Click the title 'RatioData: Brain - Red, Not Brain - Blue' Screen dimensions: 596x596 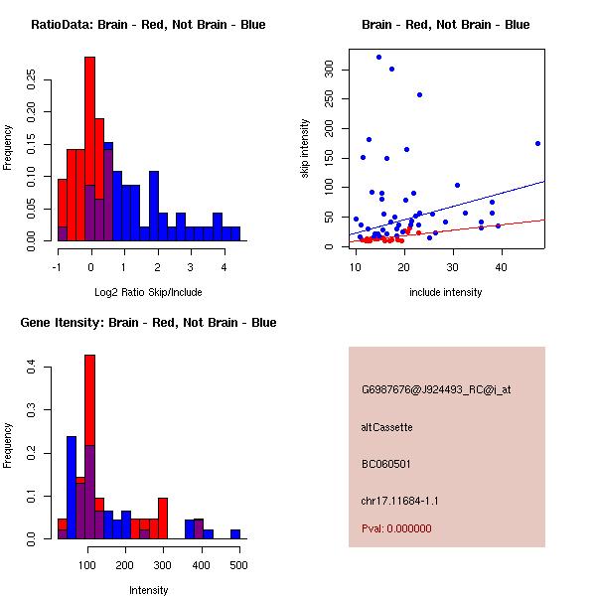(x=148, y=25)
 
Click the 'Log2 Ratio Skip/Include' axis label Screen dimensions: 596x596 (x=148, y=292)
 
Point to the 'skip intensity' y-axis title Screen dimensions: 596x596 (x=305, y=149)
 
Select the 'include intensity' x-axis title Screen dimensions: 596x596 (x=446, y=292)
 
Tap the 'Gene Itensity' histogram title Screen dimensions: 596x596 (x=148, y=323)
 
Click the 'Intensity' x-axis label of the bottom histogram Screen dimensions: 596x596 (x=148, y=590)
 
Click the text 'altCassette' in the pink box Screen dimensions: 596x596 (x=386, y=427)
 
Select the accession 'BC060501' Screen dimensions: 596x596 (x=386, y=464)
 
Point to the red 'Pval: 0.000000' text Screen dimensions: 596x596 (x=396, y=528)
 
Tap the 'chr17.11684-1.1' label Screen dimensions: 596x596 (x=400, y=500)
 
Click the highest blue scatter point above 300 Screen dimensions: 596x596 (x=378, y=57)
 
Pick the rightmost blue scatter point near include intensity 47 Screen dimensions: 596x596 (x=537, y=143)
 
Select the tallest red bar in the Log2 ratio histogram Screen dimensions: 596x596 (x=90, y=149)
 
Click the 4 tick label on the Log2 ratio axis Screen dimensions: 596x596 (x=224, y=265)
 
